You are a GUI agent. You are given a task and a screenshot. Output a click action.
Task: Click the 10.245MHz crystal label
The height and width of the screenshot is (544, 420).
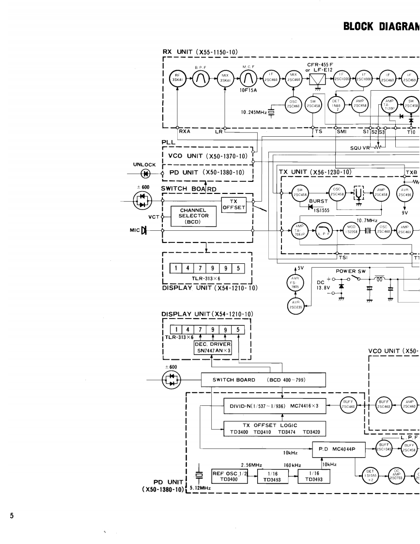[254, 112]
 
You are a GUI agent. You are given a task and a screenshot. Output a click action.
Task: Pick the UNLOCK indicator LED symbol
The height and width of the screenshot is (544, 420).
[144, 174]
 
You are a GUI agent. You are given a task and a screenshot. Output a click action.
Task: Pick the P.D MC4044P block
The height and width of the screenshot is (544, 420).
[334, 449]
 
